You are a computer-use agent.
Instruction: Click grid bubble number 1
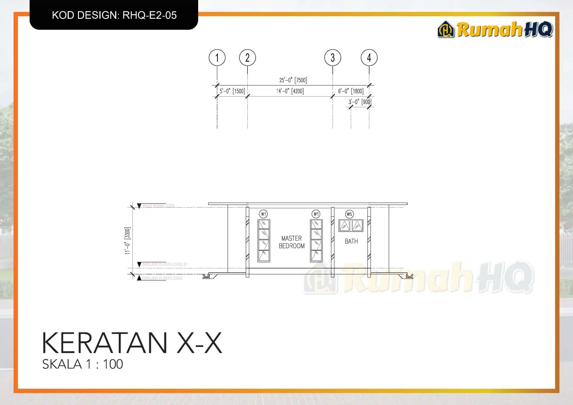click(217, 58)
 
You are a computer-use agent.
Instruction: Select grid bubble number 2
click(247, 58)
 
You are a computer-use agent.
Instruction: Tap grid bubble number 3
click(332, 58)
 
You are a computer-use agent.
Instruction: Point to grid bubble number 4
click(369, 58)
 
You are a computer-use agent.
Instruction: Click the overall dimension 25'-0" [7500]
click(293, 80)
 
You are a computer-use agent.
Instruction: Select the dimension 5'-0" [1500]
click(232, 91)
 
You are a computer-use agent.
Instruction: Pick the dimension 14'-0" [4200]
click(290, 91)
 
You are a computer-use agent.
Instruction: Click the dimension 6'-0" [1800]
click(351, 91)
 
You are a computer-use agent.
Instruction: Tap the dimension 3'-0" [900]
click(360, 102)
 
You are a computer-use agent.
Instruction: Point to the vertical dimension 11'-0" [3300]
click(127, 241)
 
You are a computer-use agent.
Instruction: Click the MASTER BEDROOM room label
click(292, 242)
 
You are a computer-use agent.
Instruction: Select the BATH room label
click(351, 241)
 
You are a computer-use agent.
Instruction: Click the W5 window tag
click(349, 214)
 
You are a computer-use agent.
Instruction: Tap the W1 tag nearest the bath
click(316, 214)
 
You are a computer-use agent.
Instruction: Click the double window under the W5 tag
click(351, 226)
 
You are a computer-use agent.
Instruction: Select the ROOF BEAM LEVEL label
click(158, 206)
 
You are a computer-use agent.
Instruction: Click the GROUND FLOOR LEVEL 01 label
click(165, 264)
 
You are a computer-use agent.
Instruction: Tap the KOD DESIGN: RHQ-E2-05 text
click(114, 15)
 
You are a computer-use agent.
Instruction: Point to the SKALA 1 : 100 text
click(83, 364)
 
